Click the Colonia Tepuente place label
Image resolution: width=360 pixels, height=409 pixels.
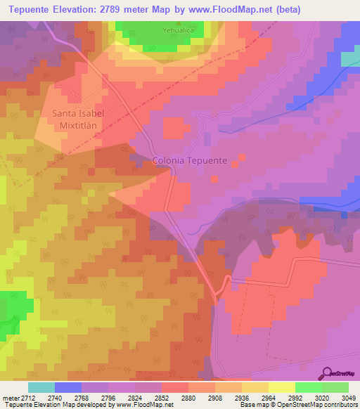tap(190, 160)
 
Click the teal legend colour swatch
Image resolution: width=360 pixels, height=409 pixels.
tap(41, 387)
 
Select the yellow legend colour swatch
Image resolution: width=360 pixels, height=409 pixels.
tap(282, 387)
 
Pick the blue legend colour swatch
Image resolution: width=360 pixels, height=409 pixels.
tap(68, 387)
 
